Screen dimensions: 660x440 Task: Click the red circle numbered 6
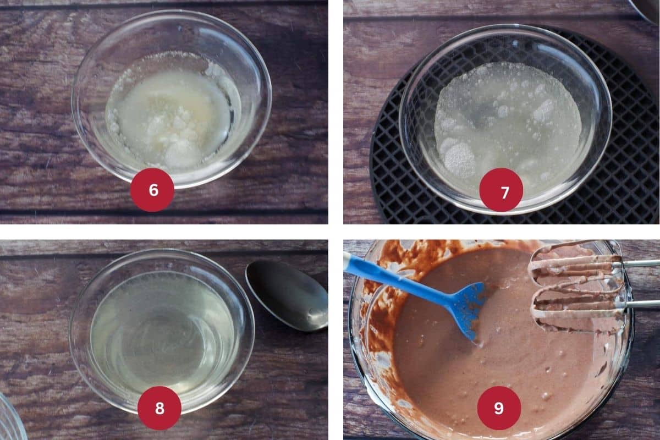pyautogui.click(x=152, y=190)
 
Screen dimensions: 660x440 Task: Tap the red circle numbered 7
pyautogui.click(x=501, y=190)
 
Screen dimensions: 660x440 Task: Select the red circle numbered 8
pyautogui.click(x=159, y=408)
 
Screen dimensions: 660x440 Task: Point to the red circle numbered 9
pyautogui.click(x=499, y=408)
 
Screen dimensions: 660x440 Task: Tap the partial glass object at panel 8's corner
pyautogui.click(x=10, y=419)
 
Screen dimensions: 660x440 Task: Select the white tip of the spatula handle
pyautogui.click(x=348, y=258)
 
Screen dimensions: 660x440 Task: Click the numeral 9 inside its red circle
pyautogui.click(x=499, y=408)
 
